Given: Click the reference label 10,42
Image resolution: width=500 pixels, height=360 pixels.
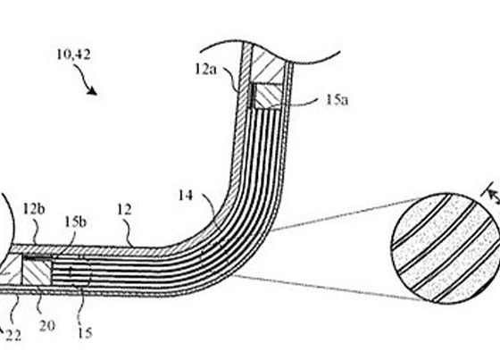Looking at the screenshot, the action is pyautogui.click(x=73, y=54).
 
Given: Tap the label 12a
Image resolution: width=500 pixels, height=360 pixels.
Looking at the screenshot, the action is pyautogui.click(x=205, y=70).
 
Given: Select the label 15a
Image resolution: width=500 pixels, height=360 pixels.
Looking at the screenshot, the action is pyautogui.click(x=337, y=100).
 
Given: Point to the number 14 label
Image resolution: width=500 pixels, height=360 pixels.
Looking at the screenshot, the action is pyautogui.click(x=186, y=196).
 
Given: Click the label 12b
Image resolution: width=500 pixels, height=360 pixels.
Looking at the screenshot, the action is pyautogui.click(x=34, y=209).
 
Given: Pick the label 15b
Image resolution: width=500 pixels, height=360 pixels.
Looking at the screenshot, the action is pyautogui.click(x=75, y=222).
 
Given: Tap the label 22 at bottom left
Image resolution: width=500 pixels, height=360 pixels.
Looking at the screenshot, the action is pyautogui.click(x=13, y=335).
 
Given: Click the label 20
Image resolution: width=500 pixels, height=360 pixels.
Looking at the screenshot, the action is pyautogui.click(x=47, y=326).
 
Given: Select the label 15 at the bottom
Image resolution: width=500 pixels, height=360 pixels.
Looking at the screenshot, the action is pyautogui.click(x=85, y=333).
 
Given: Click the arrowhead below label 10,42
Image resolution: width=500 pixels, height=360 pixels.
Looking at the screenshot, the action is pyautogui.click(x=93, y=90).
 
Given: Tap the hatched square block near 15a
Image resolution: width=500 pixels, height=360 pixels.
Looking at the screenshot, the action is pyautogui.click(x=267, y=96).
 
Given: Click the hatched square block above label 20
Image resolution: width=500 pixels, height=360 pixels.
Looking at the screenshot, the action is pyautogui.click(x=37, y=272).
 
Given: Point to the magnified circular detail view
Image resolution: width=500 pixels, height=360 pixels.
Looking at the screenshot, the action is pyautogui.click(x=446, y=248).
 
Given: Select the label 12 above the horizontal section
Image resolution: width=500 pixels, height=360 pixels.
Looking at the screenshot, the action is pyautogui.click(x=124, y=210).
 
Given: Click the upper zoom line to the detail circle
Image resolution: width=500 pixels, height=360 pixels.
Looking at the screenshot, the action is pyautogui.click(x=346, y=214).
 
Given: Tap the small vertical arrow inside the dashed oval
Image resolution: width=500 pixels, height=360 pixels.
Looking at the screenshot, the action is pyautogui.click(x=71, y=272).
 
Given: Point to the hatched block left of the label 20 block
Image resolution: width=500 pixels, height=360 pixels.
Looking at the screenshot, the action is pyautogui.click(x=11, y=270).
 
